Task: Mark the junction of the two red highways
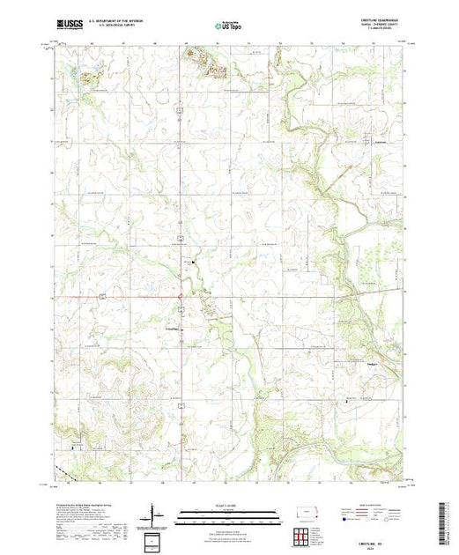181,297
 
